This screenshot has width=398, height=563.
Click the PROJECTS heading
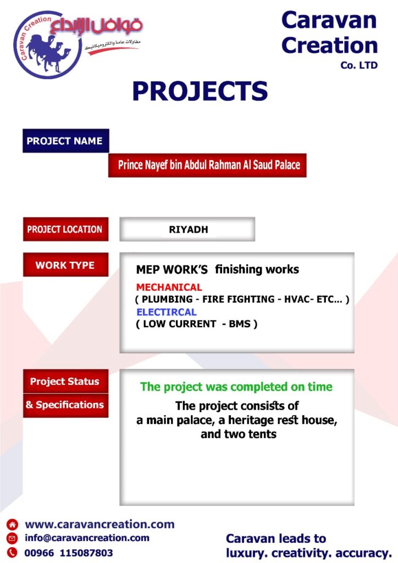click(200, 91)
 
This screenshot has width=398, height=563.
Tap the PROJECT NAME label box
click(65, 141)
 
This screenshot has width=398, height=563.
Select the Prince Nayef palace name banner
click(207, 165)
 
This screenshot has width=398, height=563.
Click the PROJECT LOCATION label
click(65, 229)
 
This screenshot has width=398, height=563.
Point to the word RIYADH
click(189, 229)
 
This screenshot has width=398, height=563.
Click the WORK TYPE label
click(65, 265)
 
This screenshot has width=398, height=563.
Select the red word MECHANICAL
click(169, 287)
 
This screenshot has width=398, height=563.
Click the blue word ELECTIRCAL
click(167, 312)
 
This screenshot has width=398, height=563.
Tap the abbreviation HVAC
click(297, 299)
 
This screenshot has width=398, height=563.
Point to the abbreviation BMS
click(240, 324)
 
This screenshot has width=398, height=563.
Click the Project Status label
click(65, 382)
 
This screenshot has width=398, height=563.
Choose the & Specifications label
click(65, 405)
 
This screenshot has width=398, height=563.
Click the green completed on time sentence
click(236, 387)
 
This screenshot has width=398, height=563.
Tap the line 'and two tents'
click(239, 434)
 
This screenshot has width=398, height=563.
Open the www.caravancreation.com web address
click(99, 524)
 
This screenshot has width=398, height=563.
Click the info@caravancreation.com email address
click(87, 538)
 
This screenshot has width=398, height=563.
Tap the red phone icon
click(12, 553)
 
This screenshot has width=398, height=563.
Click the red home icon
click(12, 525)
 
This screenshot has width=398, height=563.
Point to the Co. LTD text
click(359, 65)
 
